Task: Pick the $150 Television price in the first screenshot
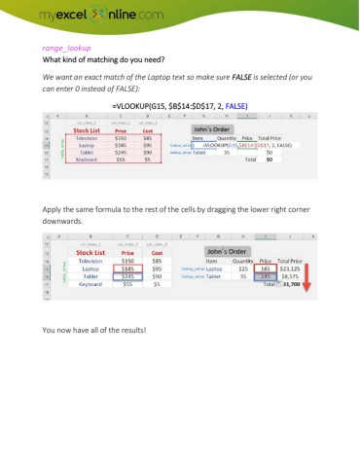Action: click(123, 138)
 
